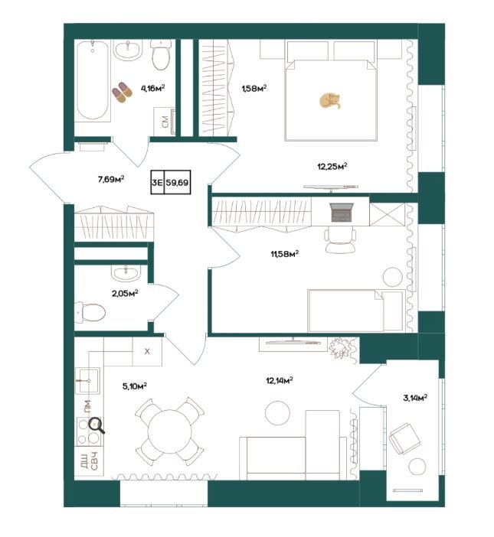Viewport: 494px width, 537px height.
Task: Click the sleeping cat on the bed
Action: pyautogui.click(x=330, y=101)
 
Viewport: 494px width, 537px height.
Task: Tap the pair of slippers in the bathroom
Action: pyautogui.click(x=122, y=92)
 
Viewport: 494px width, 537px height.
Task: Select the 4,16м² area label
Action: pyautogui.click(x=153, y=88)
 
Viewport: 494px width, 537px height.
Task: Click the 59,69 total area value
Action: pyautogui.click(x=177, y=183)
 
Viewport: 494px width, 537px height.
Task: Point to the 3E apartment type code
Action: pyautogui.click(x=157, y=183)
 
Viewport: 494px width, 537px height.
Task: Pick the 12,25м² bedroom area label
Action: pyautogui.click(x=332, y=167)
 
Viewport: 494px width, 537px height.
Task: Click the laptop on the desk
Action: pyautogui.click(x=342, y=213)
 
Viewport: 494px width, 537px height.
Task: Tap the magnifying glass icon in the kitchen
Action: pyautogui.click(x=97, y=425)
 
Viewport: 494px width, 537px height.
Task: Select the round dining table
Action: pyautogui.click(x=170, y=431)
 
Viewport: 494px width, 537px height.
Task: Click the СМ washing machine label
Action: pyautogui.click(x=165, y=122)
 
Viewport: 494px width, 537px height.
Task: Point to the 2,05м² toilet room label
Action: pyautogui.click(x=125, y=293)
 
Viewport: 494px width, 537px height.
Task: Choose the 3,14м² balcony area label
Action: pyautogui.click(x=415, y=398)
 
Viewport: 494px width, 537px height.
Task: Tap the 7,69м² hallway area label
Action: pyautogui.click(x=111, y=179)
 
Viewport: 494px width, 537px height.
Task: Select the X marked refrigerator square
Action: pyautogui.click(x=147, y=351)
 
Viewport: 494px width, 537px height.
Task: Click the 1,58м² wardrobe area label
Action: pyautogui.click(x=254, y=89)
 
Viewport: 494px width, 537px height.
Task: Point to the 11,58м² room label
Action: pyautogui.click(x=285, y=254)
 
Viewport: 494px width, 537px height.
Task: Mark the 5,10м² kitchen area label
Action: pyautogui.click(x=135, y=386)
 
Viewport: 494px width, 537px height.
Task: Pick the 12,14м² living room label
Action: pyautogui.click(x=280, y=380)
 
